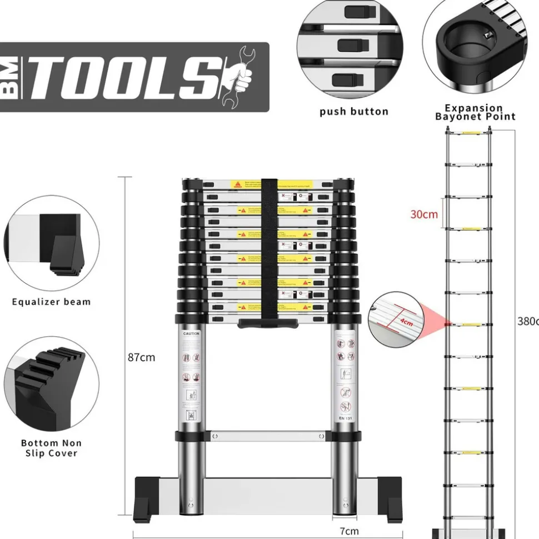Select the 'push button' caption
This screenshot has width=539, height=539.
pos(353,112)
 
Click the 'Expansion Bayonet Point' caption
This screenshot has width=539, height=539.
pos(475,112)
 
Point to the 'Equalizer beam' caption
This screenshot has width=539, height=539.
pos(51,302)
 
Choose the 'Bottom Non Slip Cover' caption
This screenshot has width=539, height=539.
pos(51,448)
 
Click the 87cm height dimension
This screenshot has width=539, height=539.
pos(142,357)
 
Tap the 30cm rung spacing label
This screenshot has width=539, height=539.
pos(424,214)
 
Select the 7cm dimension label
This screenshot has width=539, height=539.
pos(349,531)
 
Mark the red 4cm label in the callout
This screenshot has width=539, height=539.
pos(406,320)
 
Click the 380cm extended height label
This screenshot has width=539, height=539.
pos(527,321)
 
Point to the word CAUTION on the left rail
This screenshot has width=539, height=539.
pos(192,334)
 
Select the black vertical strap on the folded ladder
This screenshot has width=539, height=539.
pos(269,250)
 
